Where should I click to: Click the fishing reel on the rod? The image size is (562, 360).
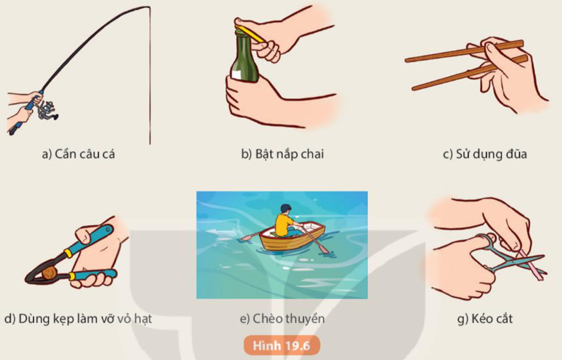[46, 111]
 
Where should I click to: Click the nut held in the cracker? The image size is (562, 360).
[49, 273]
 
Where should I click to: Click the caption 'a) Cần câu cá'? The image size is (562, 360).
[78, 154]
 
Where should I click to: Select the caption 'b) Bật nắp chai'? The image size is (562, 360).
[282, 154]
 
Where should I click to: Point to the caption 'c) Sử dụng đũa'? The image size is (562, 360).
[485, 154]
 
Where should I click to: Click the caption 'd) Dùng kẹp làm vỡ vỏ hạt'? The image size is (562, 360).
[78, 319]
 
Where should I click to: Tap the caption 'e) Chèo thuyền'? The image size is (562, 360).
[282, 319]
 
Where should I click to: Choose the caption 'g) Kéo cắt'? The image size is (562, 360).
[485, 318]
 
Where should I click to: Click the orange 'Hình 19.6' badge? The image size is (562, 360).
[282, 346]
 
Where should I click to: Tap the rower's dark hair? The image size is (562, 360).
[285, 208]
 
